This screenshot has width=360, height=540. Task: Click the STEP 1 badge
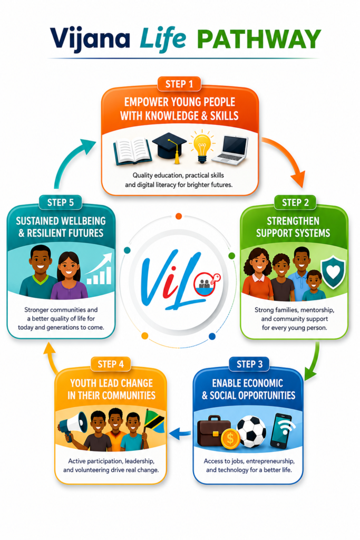pos(179,84)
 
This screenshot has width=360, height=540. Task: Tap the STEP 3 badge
pos(249,364)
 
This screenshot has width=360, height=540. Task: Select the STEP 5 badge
pos(61,202)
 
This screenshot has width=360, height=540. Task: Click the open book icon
pos(132,151)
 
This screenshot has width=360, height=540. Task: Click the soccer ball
pos(251,432)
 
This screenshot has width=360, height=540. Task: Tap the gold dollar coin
pos(230,439)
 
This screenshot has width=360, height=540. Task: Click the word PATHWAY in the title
pos(259,39)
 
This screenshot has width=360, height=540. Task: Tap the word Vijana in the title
pos(90,40)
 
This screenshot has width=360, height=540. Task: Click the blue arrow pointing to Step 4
pos(180,434)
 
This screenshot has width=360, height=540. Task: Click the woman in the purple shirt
pos(69,275)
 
